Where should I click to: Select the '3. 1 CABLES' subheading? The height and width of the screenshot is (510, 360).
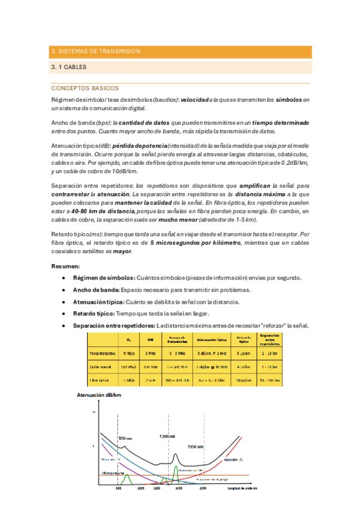pyautogui.click(x=70, y=68)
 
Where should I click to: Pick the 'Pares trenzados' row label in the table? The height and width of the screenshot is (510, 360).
pyautogui.click(x=102, y=353)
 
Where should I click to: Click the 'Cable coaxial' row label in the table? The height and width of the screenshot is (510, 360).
pyautogui.click(x=102, y=366)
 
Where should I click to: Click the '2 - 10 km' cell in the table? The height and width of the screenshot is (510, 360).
pyautogui.click(x=268, y=353)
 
